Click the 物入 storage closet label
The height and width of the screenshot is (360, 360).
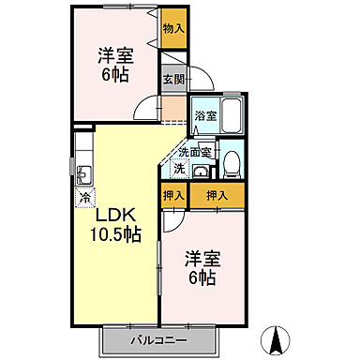click(173, 28)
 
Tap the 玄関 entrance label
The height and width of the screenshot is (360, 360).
click(173, 82)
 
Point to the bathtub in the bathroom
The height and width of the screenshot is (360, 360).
click(231, 118)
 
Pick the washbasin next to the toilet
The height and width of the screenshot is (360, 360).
click(200, 172)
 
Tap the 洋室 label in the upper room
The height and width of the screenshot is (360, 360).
click(113, 54)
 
